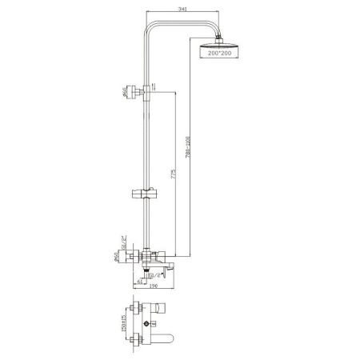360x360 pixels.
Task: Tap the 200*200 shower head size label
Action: click(215, 53)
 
